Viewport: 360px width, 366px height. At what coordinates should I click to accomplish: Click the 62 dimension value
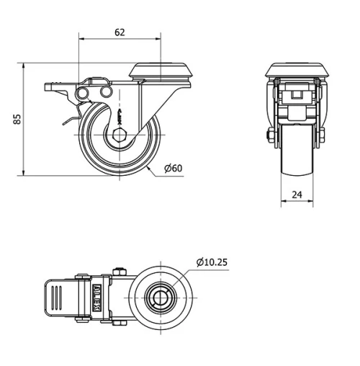(x=119, y=32)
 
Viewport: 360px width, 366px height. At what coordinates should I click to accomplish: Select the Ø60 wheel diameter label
(x=173, y=169)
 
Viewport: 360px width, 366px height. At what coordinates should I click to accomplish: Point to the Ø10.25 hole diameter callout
(x=211, y=262)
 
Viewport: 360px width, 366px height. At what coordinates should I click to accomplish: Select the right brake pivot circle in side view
(x=105, y=92)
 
